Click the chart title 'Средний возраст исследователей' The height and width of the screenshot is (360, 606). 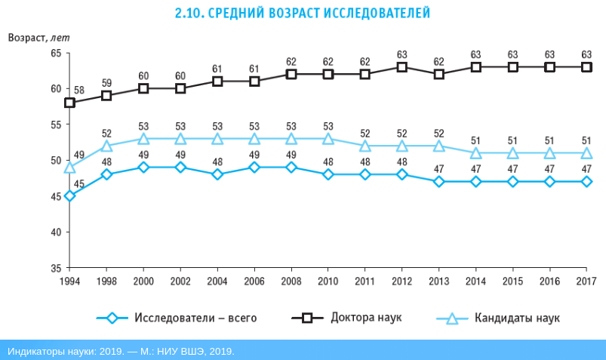click(303, 13)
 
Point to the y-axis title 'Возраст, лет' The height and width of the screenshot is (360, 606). click(38, 38)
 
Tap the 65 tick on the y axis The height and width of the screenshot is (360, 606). click(56, 53)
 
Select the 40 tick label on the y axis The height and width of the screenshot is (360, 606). click(56, 232)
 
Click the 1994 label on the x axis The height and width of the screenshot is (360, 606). click(69, 281)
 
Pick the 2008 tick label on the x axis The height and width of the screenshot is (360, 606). click(291, 281)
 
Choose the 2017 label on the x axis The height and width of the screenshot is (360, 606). click(586, 281)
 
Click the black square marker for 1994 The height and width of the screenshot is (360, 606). click(69, 103)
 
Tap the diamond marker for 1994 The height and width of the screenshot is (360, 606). click(69, 196)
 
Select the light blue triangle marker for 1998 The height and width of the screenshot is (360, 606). click(106, 146)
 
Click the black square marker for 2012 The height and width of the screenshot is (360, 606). click(402, 67)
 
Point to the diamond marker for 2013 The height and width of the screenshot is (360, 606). click(439, 182)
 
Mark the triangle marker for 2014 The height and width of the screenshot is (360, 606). click(476, 153)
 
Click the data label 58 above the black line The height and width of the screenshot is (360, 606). click(79, 91)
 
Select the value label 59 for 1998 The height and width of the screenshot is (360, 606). click(106, 83)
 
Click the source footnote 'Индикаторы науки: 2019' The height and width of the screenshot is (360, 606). click(121, 351)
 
